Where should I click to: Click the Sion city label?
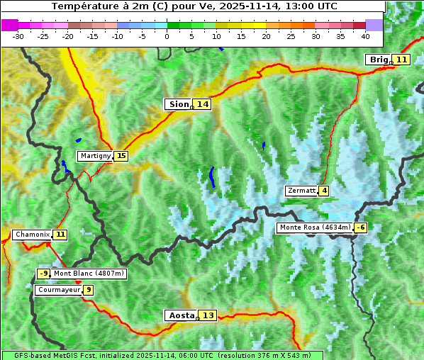click(x=178, y=104)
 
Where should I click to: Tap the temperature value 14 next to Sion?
click(x=203, y=104)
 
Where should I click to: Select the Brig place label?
click(x=377, y=60)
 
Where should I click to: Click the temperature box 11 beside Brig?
click(x=401, y=60)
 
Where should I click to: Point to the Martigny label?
click(x=94, y=156)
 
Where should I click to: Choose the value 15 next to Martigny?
click(x=121, y=156)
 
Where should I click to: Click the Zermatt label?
click(x=301, y=191)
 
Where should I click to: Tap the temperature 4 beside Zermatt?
click(x=324, y=191)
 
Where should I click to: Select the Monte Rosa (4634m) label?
click(x=315, y=227)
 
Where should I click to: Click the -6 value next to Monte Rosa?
click(x=361, y=227)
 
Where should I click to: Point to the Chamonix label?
click(x=32, y=235)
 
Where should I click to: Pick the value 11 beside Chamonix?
click(x=60, y=235)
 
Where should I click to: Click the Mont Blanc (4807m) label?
click(x=89, y=274)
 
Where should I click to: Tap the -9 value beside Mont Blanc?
click(x=44, y=274)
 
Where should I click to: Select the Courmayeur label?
click(x=58, y=290)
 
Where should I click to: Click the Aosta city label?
click(x=180, y=315)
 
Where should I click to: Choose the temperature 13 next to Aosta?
click(x=208, y=315)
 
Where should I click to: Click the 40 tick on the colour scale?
click(x=365, y=35)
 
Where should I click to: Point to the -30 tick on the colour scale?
click(x=18, y=35)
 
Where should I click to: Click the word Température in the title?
click(x=84, y=6)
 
